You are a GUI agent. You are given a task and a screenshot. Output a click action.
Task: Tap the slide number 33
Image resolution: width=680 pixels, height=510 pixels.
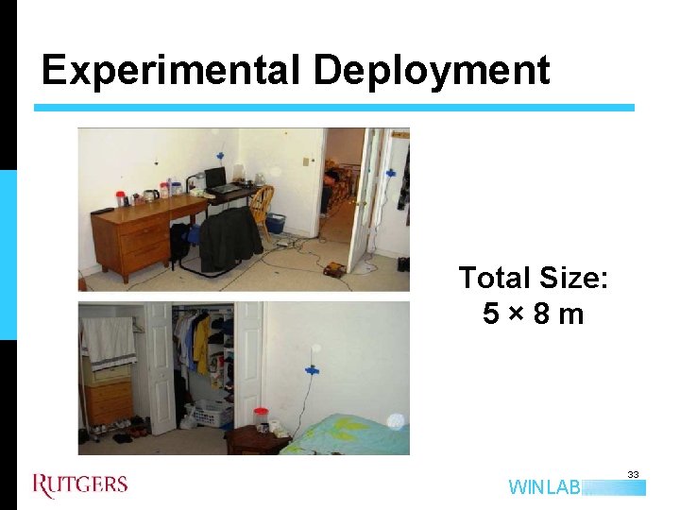pos(633,475)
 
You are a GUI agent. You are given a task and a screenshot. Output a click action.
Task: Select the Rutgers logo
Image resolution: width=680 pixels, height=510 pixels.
pos(80,485)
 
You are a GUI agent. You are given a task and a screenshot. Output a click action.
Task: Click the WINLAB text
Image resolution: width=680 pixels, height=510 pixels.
pos(544,488)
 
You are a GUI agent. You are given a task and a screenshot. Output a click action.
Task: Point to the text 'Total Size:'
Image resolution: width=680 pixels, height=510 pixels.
pos(534,278)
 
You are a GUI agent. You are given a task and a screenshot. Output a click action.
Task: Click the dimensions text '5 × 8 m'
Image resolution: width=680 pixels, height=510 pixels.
pos(534,314)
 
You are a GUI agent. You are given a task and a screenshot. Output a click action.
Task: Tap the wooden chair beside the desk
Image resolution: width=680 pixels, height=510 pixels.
pos(262,202)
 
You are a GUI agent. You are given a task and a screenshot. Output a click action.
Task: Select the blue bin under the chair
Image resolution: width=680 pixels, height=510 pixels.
pos(276,223)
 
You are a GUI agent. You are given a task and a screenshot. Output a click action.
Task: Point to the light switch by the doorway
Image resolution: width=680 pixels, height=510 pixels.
pos(305,161)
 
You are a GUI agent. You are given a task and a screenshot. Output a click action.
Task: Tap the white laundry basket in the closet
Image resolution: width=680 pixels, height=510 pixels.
pos(213,412)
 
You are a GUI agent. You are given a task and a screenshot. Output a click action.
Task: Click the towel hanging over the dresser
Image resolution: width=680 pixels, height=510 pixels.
pos(109,340)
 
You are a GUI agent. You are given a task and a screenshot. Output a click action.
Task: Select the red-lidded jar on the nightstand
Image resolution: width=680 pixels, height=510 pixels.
pos(262,418)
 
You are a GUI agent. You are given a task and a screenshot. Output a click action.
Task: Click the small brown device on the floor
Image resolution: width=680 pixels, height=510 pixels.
pos(332,270)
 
